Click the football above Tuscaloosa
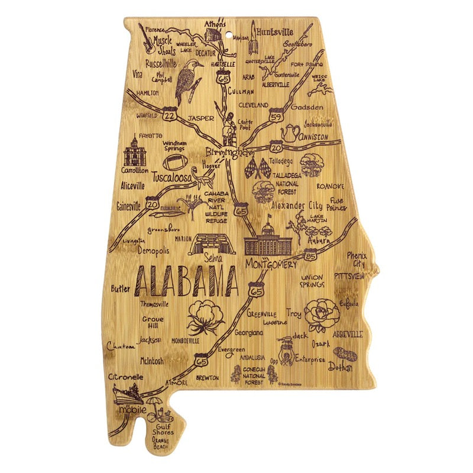click(176, 163)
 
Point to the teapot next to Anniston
click(290, 134)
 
